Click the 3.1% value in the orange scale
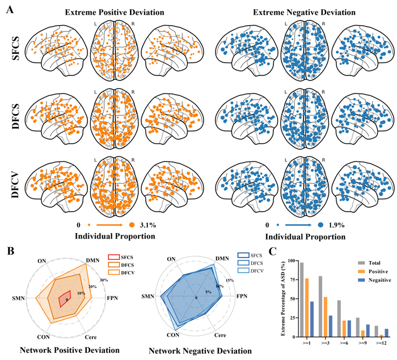[148, 225]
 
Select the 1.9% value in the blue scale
[335, 225]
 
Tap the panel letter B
[9, 251]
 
